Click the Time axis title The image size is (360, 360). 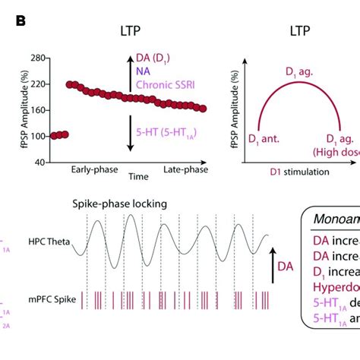coord(138,176)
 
